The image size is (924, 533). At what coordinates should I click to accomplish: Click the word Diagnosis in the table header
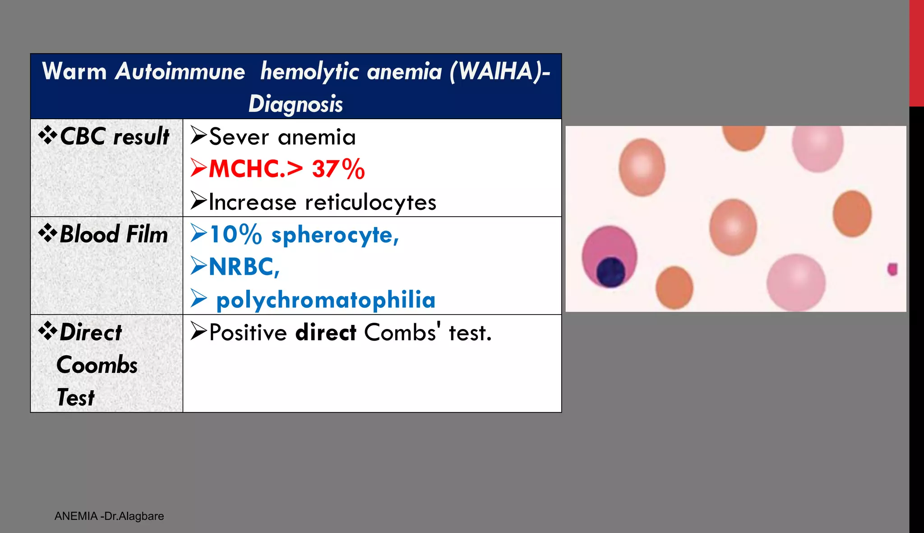pyautogui.click(x=296, y=104)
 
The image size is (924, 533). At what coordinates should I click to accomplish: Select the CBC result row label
pyautogui.click(x=114, y=136)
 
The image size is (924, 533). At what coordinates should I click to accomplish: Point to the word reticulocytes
pyautogui.click(x=370, y=202)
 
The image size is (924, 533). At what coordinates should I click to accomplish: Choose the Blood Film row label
pyautogui.click(x=113, y=234)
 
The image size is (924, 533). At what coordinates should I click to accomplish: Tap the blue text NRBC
pyautogui.click(x=244, y=267)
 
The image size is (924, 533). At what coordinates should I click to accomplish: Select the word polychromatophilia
pyautogui.click(x=326, y=300)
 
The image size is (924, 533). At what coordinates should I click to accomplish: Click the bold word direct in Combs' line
pyautogui.click(x=326, y=333)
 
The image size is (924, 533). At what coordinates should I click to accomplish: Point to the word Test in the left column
pyautogui.click(x=76, y=398)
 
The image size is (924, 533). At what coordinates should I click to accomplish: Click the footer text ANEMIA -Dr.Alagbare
pyautogui.click(x=109, y=516)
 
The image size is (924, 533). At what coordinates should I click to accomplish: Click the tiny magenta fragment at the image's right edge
pyautogui.click(x=892, y=269)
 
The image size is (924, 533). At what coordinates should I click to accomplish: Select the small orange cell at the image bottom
pyautogui.click(x=674, y=287)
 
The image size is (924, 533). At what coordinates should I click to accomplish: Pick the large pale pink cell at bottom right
pyautogui.click(x=796, y=283)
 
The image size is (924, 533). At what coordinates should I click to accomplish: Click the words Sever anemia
pyautogui.click(x=282, y=137)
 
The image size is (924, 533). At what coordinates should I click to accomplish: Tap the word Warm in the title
pyautogui.click(x=74, y=72)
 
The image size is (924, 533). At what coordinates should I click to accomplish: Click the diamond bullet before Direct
pyautogui.click(x=47, y=332)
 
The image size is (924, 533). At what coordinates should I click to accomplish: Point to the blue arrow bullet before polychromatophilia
pyautogui.click(x=199, y=299)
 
